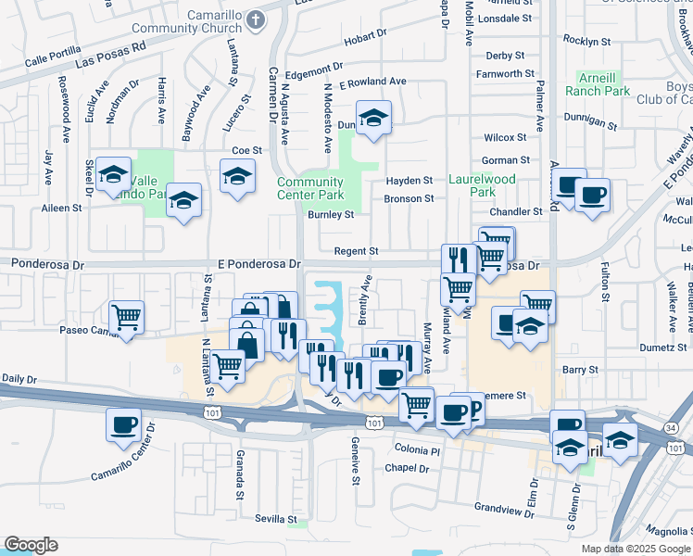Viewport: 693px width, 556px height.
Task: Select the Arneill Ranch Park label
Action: [603, 83]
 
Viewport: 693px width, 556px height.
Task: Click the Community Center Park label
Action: [310, 188]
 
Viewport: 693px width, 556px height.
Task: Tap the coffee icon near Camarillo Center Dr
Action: [123, 425]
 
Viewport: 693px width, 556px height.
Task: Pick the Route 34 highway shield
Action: [671, 427]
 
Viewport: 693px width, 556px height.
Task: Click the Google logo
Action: [31, 545]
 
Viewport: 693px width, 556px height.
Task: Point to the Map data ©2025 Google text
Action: [635, 549]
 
